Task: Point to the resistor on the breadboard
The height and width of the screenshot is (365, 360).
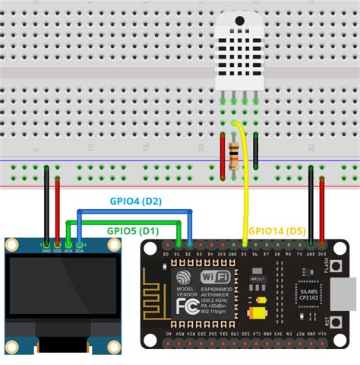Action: pos(231,151)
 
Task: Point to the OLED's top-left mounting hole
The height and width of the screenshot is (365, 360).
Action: pos(13,246)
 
